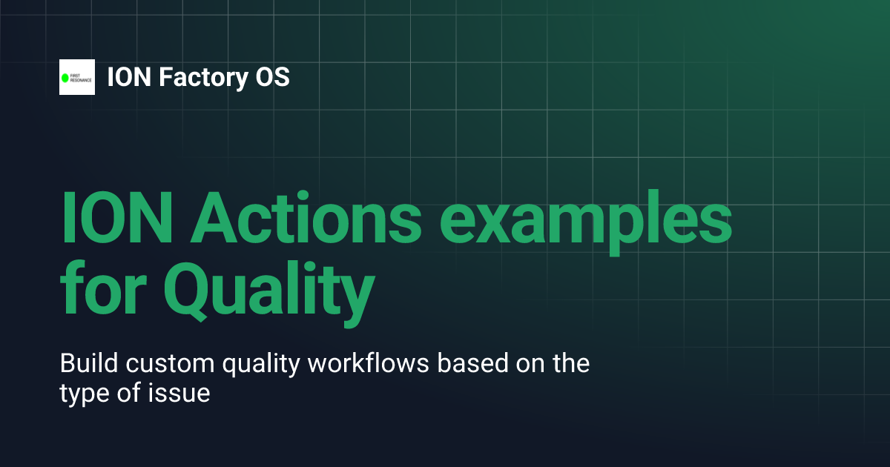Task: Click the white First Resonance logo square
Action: pyautogui.click(x=77, y=77)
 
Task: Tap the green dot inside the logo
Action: pyautogui.click(x=65, y=77)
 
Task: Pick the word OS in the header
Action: pyautogui.click(x=270, y=77)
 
